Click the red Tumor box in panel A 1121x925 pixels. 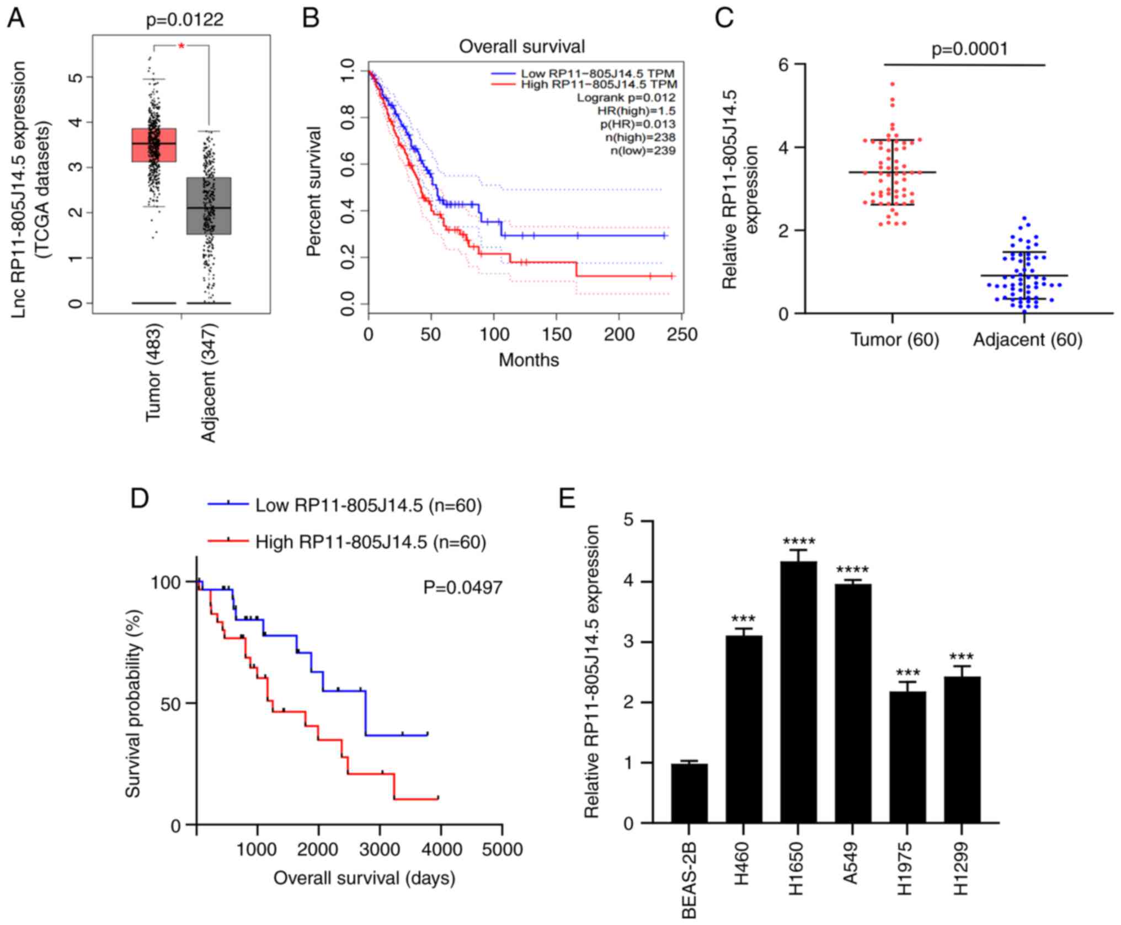click(x=154, y=145)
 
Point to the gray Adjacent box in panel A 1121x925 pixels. click(x=209, y=206)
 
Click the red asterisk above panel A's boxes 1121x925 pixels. click(x=182, y=46)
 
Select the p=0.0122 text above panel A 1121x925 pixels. click(x=185, y=20)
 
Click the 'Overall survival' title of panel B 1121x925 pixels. click(x=522, y=46)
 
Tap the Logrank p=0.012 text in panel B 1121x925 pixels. click(x=626, y=98)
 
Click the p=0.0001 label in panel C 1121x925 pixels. click(x=969, y=50)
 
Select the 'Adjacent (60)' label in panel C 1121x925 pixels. click(x=1027, y=339)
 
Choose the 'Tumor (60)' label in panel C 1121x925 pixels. click(x=894, y=339)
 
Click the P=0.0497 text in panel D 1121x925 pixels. click(x=463, y=587)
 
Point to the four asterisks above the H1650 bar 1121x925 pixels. click(x=798, y=541)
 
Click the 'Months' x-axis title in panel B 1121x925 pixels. click(x=529, y=360)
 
